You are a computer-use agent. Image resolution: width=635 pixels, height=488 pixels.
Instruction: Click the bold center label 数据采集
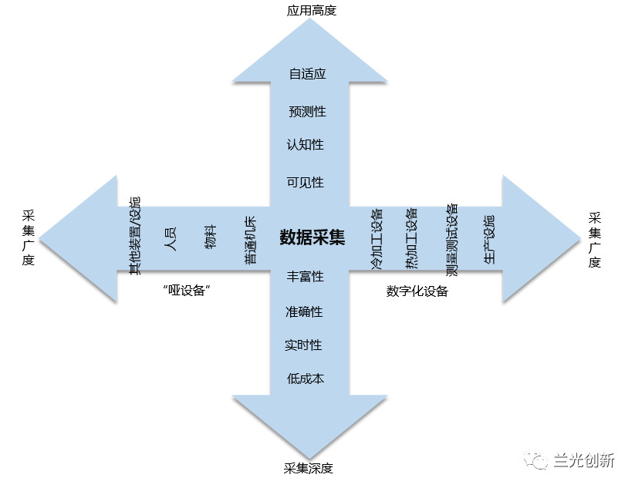[312, 237]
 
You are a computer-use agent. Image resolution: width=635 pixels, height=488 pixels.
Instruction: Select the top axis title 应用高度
[312, 11]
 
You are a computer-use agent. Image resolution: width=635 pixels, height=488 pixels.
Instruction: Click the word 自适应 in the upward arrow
[307, 74]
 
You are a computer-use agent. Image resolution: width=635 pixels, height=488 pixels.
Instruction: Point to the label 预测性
[307, 112]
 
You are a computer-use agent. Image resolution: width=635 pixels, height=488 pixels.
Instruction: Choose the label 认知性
[306, 144]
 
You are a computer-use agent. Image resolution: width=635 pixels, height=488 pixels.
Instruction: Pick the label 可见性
[306, 183]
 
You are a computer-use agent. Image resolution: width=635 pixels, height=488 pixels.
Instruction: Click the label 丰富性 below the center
[306, 276]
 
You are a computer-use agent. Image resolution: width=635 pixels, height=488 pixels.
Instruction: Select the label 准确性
[304, 311]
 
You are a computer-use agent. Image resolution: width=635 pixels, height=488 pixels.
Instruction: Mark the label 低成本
[305, 379]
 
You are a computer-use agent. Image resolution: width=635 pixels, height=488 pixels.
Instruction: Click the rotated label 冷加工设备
[377, 238]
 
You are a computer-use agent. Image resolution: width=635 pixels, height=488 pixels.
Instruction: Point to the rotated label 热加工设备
[411, 238]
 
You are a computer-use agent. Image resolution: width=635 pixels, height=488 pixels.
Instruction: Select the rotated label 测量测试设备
[452, 240]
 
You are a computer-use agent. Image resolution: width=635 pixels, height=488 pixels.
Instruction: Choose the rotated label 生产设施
[489, 240]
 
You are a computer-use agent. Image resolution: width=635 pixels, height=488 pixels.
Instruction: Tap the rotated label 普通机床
[251, 241]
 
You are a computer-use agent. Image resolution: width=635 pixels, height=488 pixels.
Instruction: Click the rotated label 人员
[171, 237]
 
